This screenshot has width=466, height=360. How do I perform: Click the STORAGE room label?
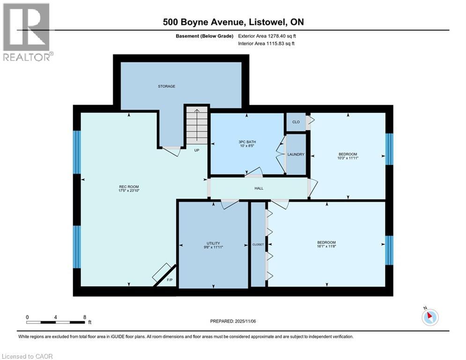(166, 86)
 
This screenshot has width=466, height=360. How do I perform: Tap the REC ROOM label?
(127, 187)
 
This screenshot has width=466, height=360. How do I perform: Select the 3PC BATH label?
(247, 142)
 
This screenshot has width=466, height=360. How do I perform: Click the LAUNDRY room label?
(296, 155)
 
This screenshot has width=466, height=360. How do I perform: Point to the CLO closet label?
(296, 122)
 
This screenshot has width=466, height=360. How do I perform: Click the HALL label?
(259, 188)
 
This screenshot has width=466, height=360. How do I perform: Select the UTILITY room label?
(213, 243)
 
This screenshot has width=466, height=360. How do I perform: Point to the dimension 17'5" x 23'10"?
(127, 191)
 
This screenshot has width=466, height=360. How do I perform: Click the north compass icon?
(429, 317)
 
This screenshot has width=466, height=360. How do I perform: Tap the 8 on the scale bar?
(84, 317)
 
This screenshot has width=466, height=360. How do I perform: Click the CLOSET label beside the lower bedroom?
(258, 245)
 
